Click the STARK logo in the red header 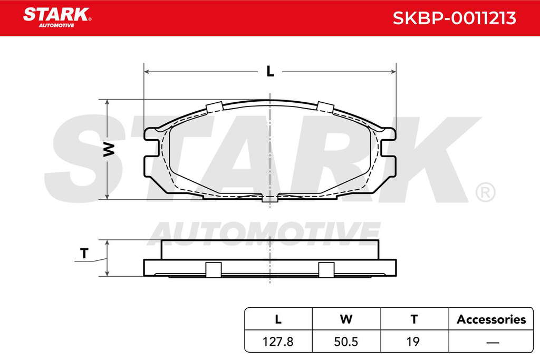57,17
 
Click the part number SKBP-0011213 454,18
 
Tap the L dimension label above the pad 271,71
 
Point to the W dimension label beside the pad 109,149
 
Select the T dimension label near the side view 84,254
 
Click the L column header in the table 278,319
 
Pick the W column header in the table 346,319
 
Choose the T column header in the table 414,319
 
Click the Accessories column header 491,319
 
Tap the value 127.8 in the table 278,342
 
